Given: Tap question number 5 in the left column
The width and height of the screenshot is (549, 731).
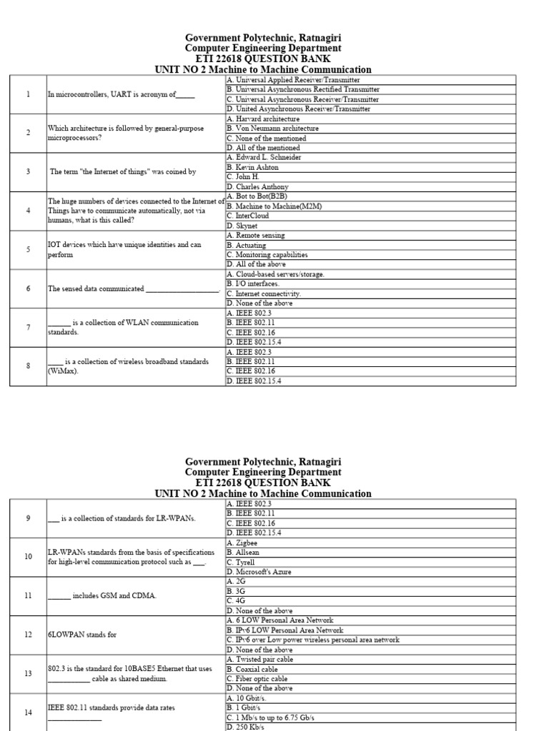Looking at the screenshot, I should pyautogui.click(x=28, y=249).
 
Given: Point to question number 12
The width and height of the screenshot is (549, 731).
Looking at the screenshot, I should pyautogui.click(x=28, y=635).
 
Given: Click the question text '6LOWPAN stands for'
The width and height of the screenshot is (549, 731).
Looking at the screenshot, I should pyautogui.click(x=82, y=635).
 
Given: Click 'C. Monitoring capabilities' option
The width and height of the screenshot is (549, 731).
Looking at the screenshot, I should pyautogui.click(x=267, y=254).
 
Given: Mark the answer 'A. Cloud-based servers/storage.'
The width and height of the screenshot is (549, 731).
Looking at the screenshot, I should pyautogui.click(x=275, y=274).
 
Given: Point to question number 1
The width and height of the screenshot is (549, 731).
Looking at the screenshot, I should pyautogui.click(x=28, y=94).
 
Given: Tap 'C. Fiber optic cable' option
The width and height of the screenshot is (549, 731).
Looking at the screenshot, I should pyautogui.click(x=257, y=679).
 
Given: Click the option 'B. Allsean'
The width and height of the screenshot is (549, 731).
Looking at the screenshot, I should pyautogui.click(x=245, y=553).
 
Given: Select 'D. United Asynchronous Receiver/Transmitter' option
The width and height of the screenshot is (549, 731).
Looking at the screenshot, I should pyautogui.click(x=298, y=109).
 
